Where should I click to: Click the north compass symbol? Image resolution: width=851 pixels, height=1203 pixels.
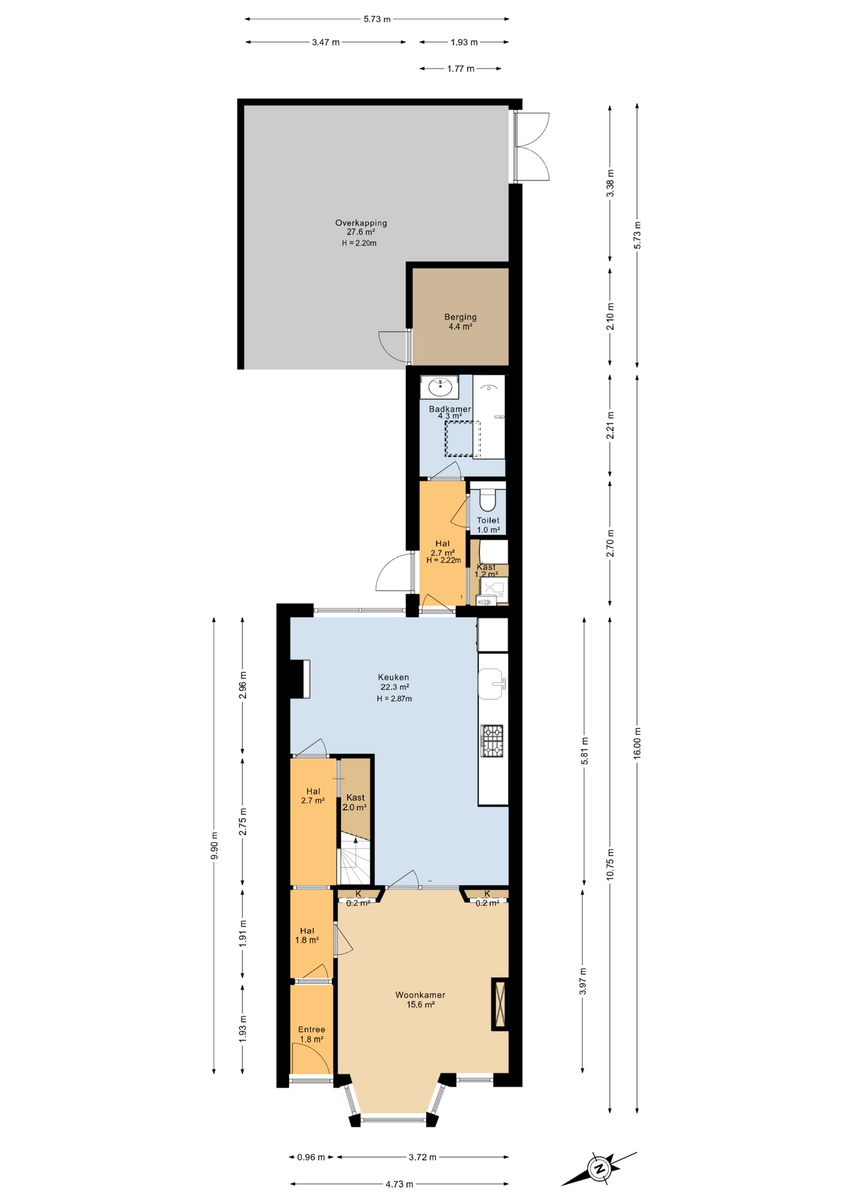pos(599,1168)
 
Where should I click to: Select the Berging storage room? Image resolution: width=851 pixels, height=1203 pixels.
pos(460,321)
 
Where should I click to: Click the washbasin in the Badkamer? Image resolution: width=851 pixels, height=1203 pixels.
pos(440,387)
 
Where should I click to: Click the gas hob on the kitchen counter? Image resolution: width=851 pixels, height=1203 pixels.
pos(493,741)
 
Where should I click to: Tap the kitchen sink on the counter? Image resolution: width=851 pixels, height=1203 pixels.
pos(491,684)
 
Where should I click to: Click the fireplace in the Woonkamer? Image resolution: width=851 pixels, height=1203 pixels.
pos(499,1004)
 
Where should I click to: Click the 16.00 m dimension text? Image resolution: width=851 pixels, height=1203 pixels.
pos(637,743)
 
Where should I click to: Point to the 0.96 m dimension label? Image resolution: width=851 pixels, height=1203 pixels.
pos(311,1157)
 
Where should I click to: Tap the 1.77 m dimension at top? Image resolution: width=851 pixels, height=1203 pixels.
pos(461,68)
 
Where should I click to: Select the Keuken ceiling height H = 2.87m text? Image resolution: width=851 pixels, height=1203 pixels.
pos(394,699)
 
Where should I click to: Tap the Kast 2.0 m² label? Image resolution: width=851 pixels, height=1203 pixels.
pos(355,802)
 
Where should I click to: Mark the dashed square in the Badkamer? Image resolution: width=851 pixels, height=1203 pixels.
pos(462,438)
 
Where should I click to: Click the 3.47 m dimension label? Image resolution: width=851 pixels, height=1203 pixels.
pos(326,42)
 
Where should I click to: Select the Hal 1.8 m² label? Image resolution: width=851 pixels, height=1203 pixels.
pos(307,935)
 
